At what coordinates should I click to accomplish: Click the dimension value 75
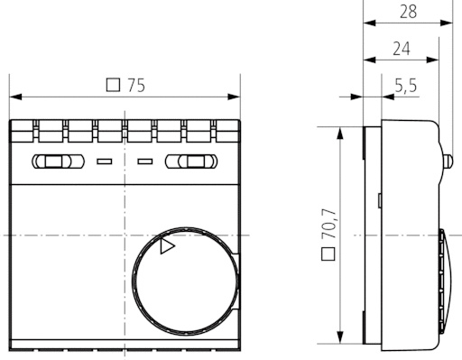[x=136, y=86]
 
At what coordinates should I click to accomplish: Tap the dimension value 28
[x=408, y=12]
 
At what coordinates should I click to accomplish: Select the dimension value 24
[x=402, y=49]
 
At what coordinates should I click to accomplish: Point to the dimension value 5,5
[x=406, y=86]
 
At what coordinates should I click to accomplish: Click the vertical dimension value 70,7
[x=328, y=224]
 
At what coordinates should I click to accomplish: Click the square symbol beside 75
[x=113, y=85]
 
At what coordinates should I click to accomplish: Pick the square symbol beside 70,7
[x=328, y=254]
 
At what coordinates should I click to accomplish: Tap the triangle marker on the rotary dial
[x=167, y=246]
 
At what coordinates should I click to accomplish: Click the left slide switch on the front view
[x=58, y=162]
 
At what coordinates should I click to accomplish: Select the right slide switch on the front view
[x=191, y=162]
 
